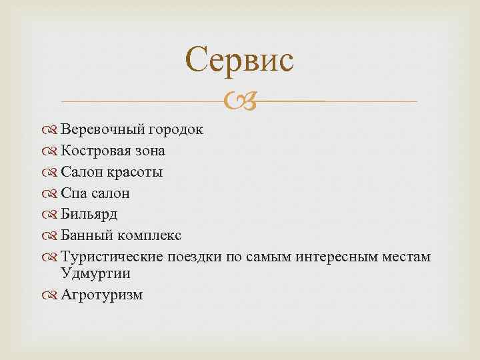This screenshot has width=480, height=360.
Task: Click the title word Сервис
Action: coord(239,60)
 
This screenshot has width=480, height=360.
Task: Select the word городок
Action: coord(176,129)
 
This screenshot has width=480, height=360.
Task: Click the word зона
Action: coord(149,151)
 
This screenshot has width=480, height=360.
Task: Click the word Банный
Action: coord(85,236)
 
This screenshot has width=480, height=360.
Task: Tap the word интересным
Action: coord(335,257)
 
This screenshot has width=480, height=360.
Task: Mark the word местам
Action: coord(406,257)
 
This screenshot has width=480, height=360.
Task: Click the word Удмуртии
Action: coord(95,273)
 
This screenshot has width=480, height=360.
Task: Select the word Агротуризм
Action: coord(101,295)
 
